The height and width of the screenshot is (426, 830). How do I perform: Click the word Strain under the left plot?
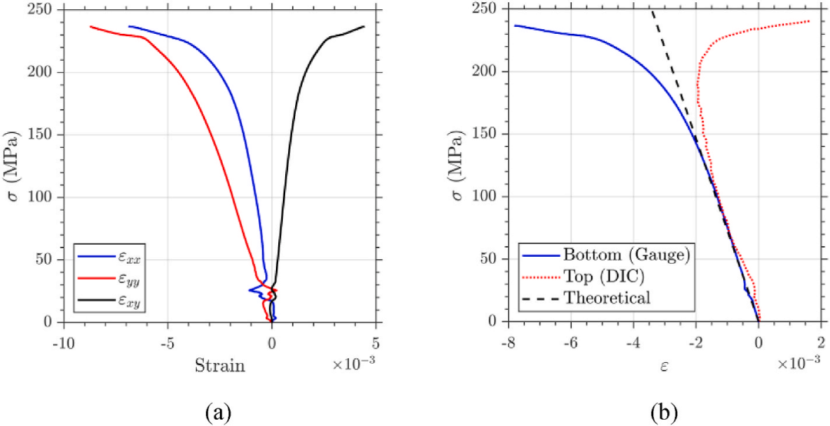pos(220,365)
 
